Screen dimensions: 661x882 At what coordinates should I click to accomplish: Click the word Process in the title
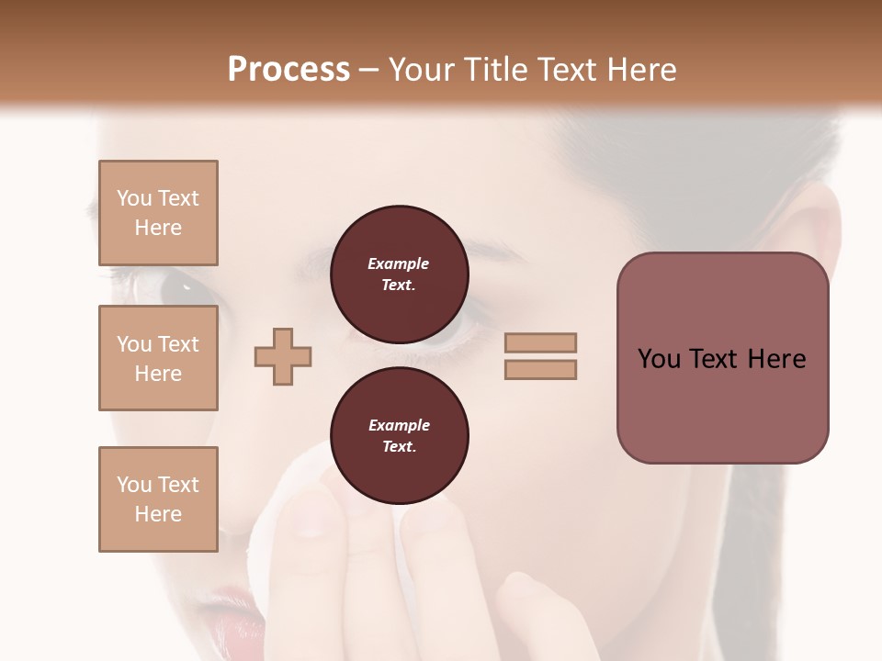pos(288,70)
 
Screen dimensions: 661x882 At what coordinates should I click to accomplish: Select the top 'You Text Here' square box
pos(158,213)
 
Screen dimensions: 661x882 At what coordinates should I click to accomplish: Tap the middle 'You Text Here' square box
pos(158,358)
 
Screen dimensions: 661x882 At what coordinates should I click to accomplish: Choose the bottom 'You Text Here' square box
pos(158,499)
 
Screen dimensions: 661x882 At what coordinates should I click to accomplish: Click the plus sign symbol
pos(283,356)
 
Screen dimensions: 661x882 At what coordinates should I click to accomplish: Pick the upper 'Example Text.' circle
pos(399,274)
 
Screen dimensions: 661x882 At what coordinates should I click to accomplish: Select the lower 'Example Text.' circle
pos(399,435)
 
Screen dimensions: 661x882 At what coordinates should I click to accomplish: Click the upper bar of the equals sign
pos(540,343)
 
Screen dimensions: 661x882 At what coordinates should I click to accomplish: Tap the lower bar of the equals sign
pos(540,369)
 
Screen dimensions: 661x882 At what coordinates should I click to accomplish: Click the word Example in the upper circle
pos(399,263)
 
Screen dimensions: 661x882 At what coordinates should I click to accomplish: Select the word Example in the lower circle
pos(399,425)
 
